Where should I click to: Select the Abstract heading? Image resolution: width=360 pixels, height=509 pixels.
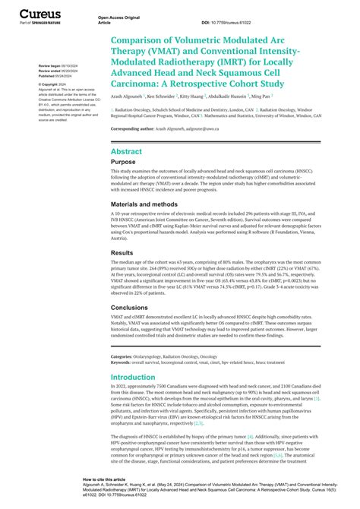[126, 152]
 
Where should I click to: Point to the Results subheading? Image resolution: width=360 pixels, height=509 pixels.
[122, 252]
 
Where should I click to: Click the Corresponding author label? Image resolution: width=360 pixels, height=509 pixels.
[136, 129]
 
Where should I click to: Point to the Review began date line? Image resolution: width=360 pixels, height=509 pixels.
[56, 66]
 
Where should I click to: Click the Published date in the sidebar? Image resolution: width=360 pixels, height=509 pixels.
[56, 77]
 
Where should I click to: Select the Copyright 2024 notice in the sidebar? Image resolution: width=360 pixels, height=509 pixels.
[51, 84]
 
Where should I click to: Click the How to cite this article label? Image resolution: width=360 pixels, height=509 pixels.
[103, 480]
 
